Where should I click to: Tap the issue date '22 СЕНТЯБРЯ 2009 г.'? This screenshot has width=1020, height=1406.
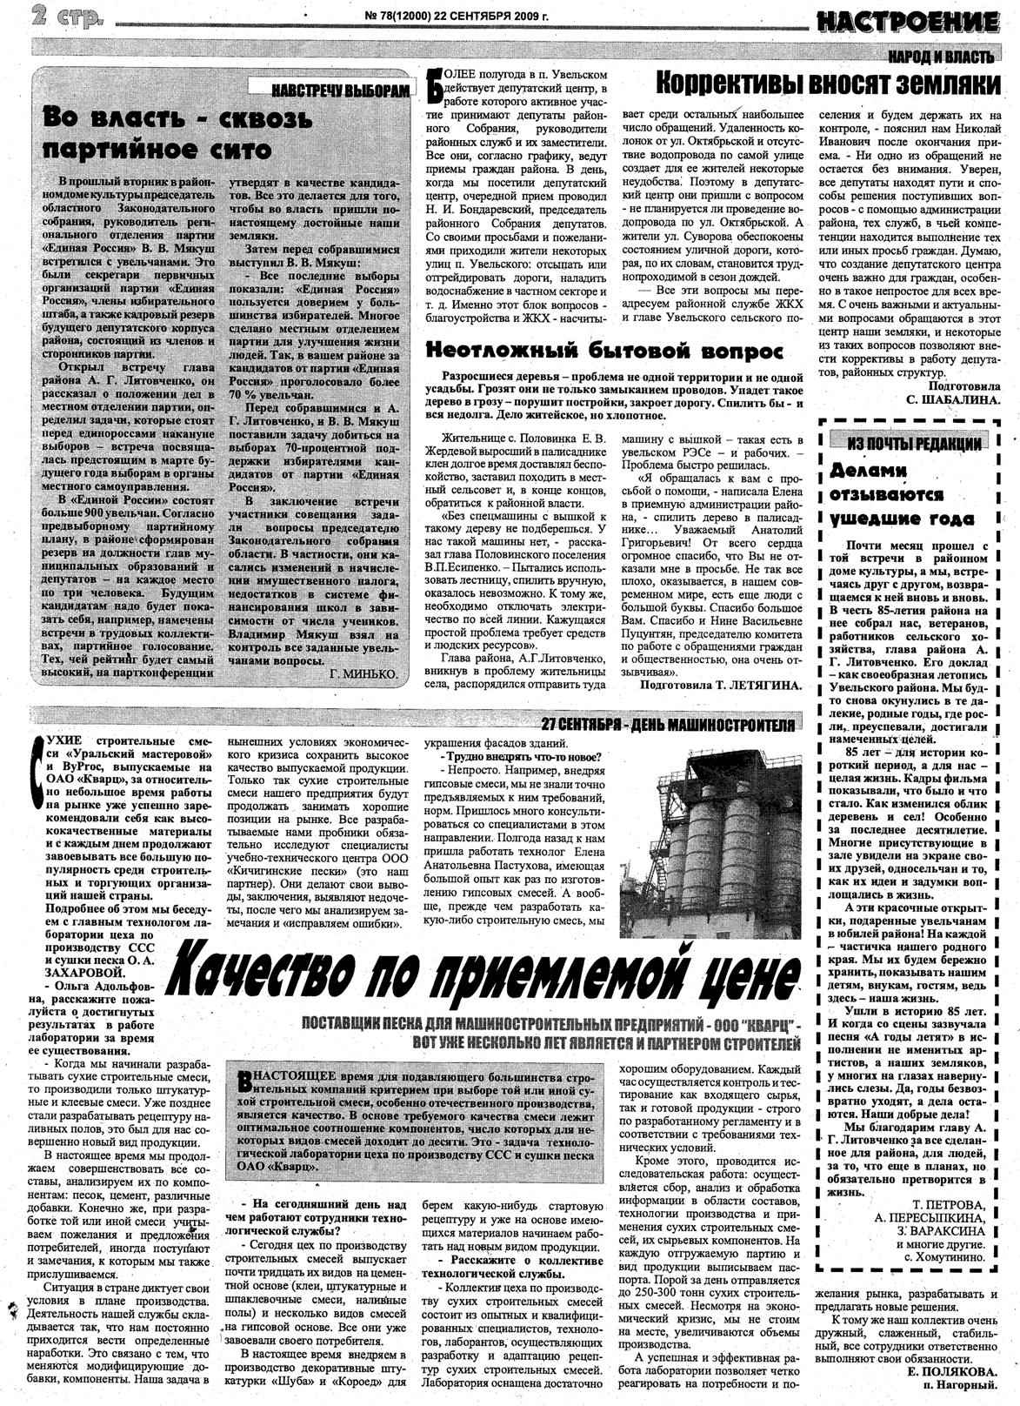coord(477,14)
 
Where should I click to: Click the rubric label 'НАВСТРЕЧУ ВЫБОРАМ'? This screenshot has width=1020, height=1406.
coord(339,90)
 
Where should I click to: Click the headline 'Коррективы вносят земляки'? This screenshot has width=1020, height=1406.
coord(827,84)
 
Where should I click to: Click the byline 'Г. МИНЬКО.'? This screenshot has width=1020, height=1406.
coord(364,674)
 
